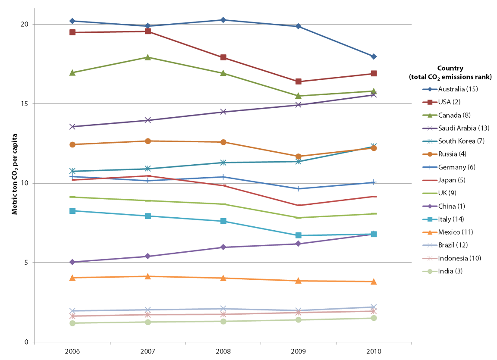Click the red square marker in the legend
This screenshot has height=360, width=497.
click(x=430, y=102)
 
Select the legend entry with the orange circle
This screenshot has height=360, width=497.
click(x=430, y=154)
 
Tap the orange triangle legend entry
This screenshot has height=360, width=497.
click(x=430, y=232)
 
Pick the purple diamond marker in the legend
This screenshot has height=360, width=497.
click(x=430, y=207)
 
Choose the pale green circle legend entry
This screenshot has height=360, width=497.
click(x=430, y=272)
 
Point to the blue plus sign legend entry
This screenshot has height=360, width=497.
click(x=430, y=167)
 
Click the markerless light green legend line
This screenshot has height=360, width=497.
click(x=430, y=194)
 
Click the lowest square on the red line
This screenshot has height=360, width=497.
click(x=298, y=81)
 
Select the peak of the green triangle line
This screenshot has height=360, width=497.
click(x=148, y=57)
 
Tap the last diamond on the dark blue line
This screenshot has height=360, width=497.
click(x=374, y=56)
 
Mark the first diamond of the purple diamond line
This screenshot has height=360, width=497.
click(x=72, y=262)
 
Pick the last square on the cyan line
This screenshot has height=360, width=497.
click(x=374, y=234)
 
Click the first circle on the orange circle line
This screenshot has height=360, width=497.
click(x=72, y=144)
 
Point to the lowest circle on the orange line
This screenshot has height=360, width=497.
click(x=298, y=157)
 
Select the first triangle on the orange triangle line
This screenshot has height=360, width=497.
click(x=72, y=278)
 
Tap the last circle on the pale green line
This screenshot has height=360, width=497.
click(x=374, y=318)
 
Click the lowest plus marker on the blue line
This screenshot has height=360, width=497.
click(x=298, y=189)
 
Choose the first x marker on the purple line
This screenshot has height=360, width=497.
click(x=72, y=127)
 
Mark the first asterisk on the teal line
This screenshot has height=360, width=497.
click(x=72, y=171)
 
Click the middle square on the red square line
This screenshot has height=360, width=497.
click(x=223, y=57)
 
